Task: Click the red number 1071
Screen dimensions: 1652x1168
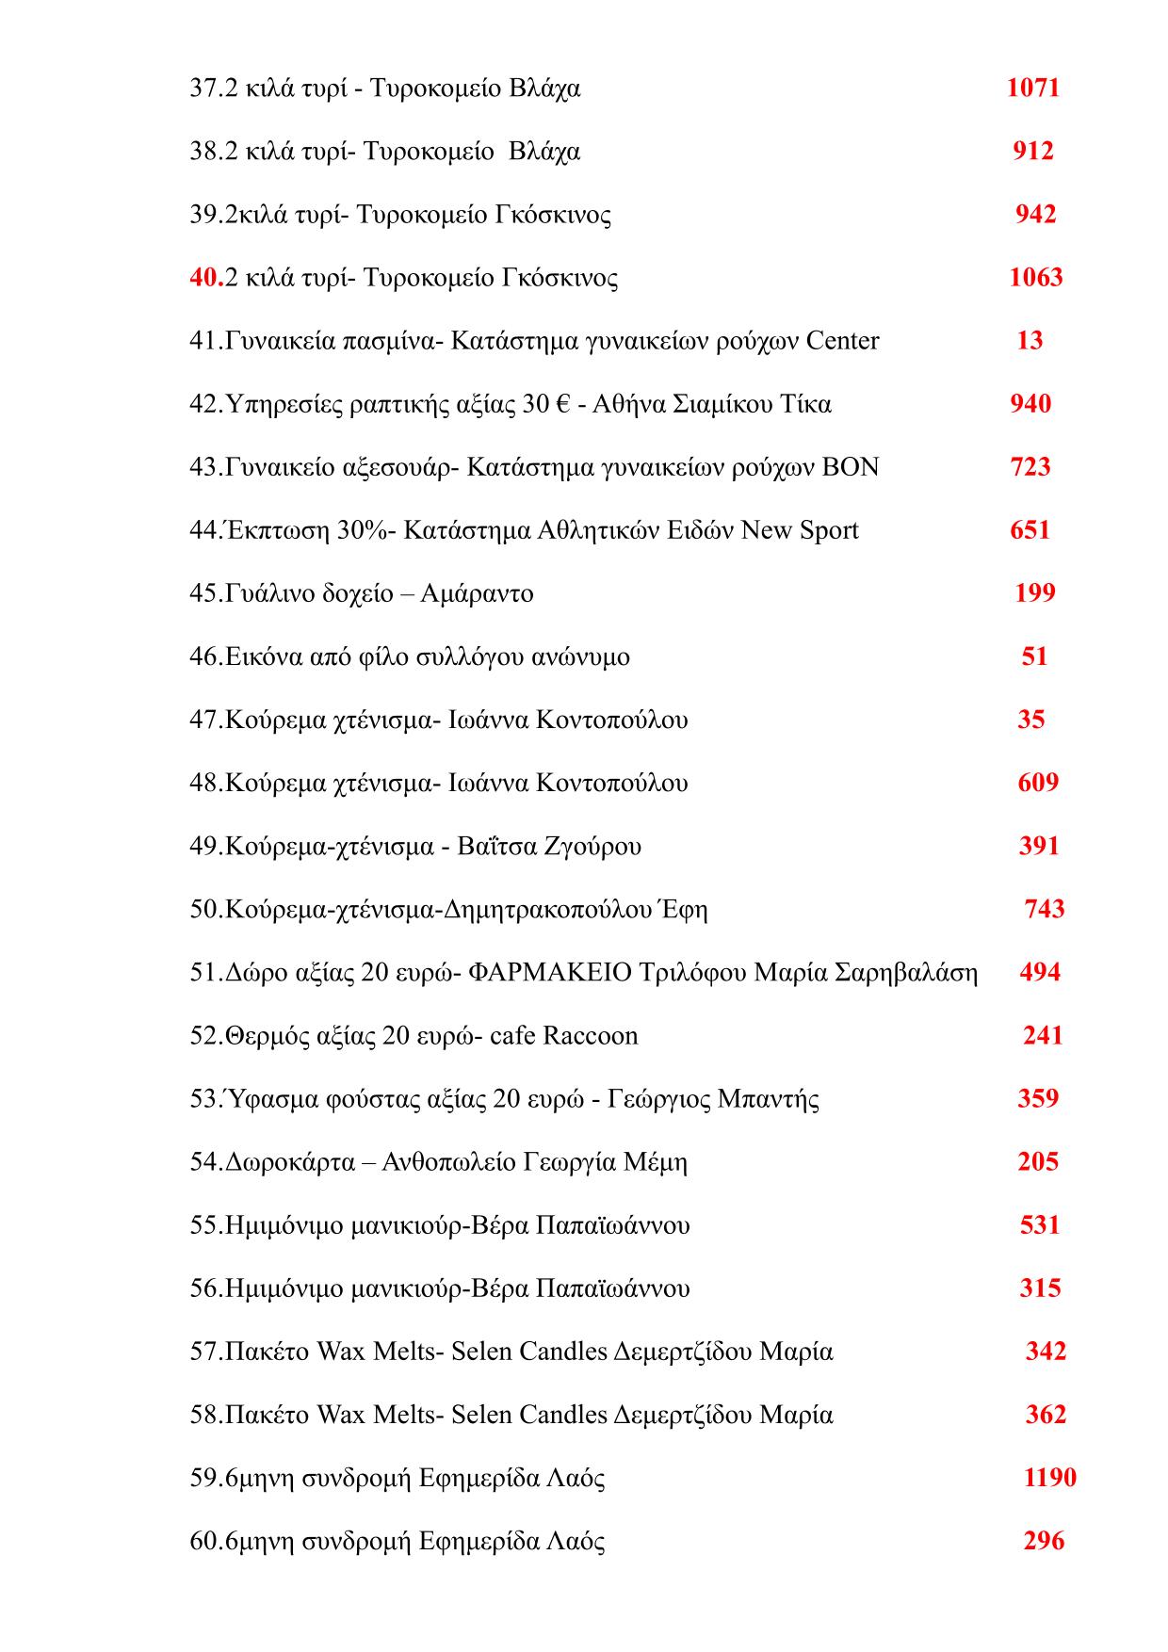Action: (x=1032, y=89)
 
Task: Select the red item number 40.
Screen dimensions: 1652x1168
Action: (x=203, y=278)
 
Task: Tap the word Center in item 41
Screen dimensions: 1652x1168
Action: (x=842, y=341)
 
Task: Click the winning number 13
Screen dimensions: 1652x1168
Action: (x=1030, y=341)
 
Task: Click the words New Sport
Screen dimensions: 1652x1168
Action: (x=800, y=531)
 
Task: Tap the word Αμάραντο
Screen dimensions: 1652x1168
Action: (x=477, y=594)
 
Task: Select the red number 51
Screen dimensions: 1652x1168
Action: (x=1034, y=657)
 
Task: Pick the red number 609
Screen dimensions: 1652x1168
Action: (x=1038, y=784)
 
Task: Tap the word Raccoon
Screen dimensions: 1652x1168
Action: (x=590, y=1036)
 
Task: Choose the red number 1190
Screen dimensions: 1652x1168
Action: (x=1049, y=1479)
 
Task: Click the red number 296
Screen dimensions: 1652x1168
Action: (x=1043, y=1542)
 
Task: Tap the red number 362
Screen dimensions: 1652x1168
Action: (x=1046, y=1416)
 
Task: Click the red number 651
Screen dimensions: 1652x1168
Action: (x=1030, y=531)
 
